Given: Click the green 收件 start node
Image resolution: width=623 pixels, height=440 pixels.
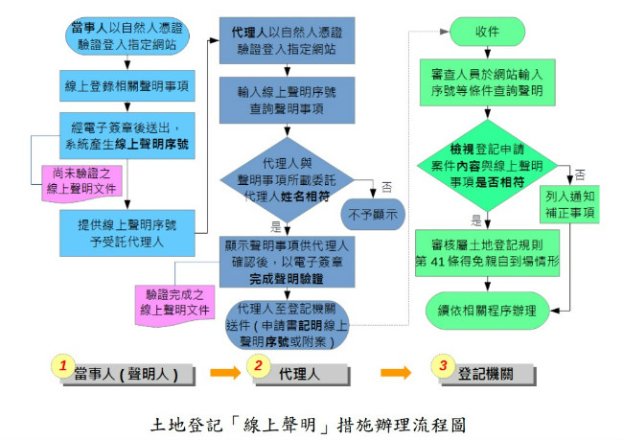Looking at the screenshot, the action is [487, 32].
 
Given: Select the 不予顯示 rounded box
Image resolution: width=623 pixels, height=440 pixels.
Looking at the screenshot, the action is [373, 215].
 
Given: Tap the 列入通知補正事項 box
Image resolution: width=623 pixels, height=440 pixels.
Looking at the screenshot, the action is [569, 204].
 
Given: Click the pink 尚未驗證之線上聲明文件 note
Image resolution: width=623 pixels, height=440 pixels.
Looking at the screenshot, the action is [82, 184].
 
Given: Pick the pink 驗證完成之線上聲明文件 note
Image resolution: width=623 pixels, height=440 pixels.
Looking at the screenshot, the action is [174, 305].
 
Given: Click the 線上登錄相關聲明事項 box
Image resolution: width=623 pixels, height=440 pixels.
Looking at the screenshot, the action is [127, 86].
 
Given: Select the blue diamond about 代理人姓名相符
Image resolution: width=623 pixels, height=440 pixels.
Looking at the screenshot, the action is [287, 180].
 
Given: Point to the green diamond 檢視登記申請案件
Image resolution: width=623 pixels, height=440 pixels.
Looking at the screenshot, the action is [487, 165].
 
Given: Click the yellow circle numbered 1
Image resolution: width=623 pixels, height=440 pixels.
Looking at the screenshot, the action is [63, 365].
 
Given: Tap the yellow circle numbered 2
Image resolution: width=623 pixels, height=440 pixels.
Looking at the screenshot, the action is [258, 365].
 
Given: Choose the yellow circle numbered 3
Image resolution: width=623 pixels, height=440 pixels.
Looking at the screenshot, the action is [444, 365].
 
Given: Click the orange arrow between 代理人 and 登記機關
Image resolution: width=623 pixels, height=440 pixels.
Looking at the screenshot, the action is [396, 373].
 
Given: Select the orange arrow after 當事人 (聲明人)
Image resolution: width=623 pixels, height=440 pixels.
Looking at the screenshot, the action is [225, 373].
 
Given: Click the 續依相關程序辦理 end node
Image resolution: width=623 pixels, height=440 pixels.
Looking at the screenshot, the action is [487, 311].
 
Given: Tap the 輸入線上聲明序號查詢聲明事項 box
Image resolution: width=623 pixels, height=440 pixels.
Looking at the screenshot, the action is [287, 100].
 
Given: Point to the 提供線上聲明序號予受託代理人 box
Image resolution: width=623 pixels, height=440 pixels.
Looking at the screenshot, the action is [127, 233].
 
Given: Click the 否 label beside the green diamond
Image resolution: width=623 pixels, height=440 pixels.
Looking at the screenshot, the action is [580, 174].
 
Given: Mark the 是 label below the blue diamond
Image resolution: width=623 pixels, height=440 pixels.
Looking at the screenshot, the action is [276, 226].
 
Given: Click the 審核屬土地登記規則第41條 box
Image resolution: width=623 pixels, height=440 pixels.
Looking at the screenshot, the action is [487, 253].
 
